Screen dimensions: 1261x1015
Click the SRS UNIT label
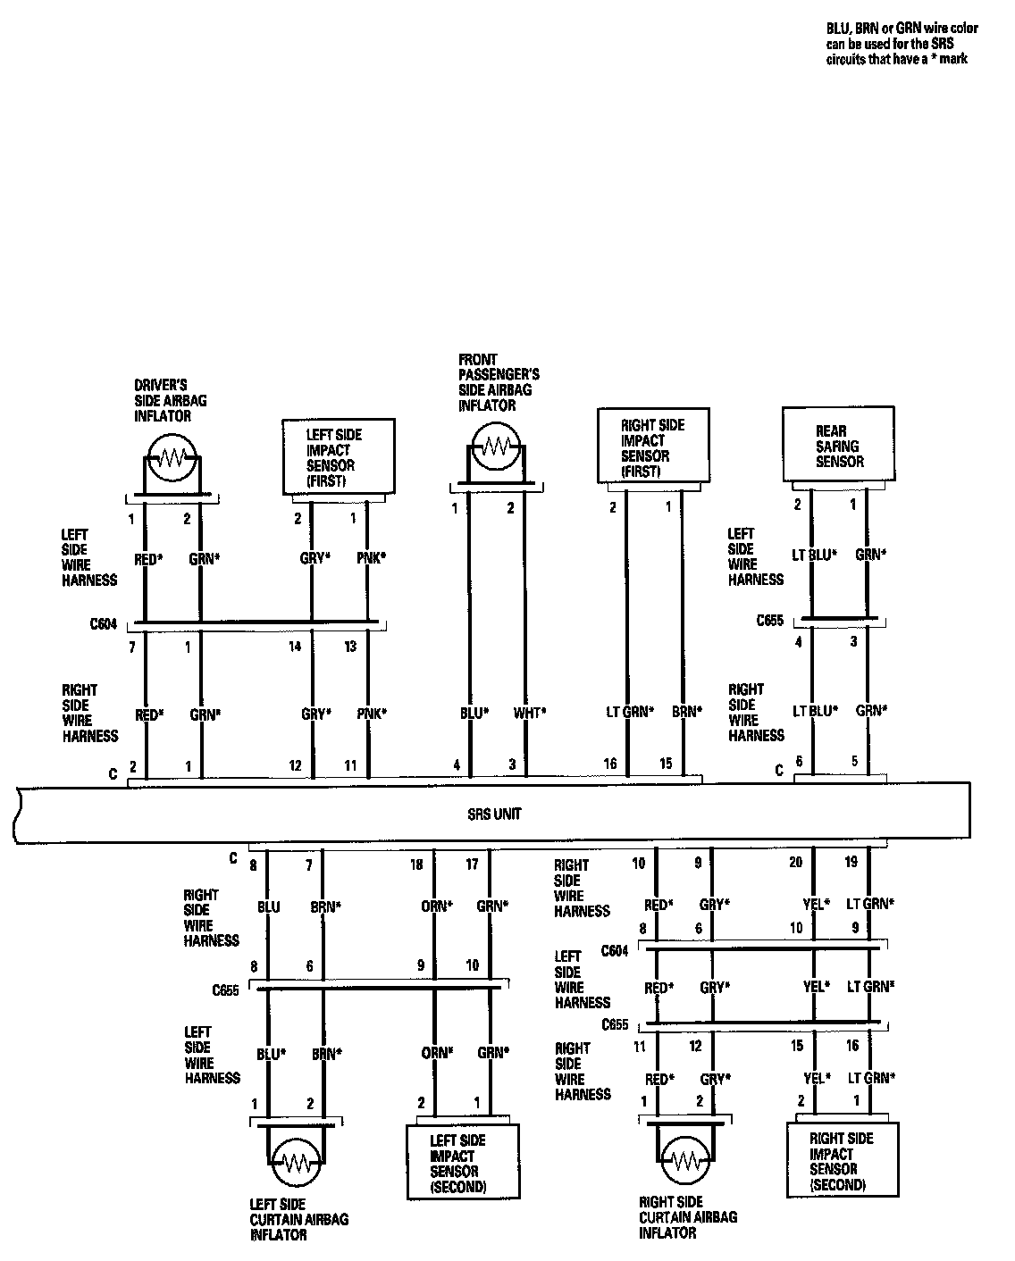[494, 814]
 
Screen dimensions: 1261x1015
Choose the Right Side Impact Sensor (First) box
[654, 447]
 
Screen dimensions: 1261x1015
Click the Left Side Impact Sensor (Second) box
[462, 1163]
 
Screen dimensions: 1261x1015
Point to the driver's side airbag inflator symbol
[174, 458]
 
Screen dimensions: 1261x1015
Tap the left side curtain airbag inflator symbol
[295, 1162]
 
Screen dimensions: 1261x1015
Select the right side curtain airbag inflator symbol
[686, 1160]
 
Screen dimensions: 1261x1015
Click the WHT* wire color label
[529, 713]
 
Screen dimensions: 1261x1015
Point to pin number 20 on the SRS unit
[795, 862]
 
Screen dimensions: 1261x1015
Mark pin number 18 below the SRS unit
[416, 864]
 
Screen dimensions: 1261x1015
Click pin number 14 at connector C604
[295, 646]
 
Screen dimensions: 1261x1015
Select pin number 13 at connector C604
[350, 646]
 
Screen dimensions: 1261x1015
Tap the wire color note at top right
[902, 44]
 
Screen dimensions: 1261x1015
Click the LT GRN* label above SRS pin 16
[629, 712]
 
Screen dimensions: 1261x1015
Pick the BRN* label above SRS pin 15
[686, 712]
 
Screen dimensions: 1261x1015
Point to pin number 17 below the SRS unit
[472, 864]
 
